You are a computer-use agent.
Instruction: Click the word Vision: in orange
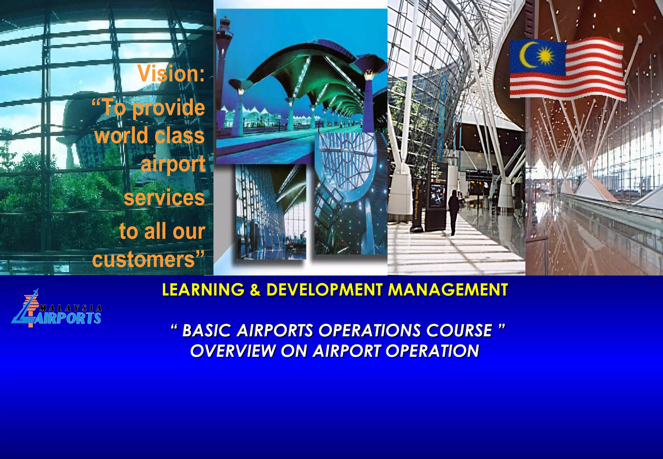(171, 73)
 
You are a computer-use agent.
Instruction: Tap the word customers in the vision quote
(143, 259)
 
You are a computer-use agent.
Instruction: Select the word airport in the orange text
(173, 164)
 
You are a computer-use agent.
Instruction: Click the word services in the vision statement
(164, 197)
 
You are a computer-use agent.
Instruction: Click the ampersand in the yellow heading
(255, 290)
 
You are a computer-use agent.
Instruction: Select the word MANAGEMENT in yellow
(448, 289)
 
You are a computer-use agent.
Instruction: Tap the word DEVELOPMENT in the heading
(324, 289)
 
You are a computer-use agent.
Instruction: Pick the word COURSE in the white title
(459, 330)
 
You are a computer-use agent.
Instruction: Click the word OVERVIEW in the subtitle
(233, 351)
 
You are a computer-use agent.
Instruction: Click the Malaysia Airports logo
(57, 309)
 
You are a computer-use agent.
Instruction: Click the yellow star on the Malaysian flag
(545, 56)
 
